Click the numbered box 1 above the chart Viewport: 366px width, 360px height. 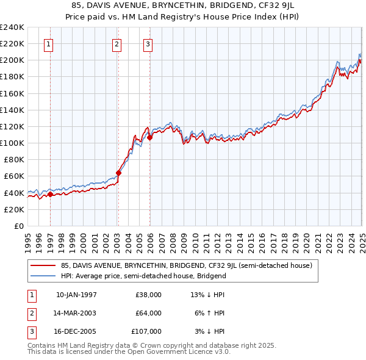pyautogui.click(x=48, y=43)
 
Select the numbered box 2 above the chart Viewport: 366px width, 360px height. pyautogui.click(x=117, y=43)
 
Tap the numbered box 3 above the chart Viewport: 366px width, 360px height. pyautogui.click(x=148, y=43)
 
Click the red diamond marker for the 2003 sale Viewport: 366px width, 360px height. pyautogui.click(x=118, y=173)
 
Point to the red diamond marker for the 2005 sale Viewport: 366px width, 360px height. pyautogui.click(x=149, y=137)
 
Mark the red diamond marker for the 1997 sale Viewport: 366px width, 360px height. pyautogui.click(x=51, y=194)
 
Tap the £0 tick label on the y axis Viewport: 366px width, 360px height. pyautogui.click(x=19, y=226)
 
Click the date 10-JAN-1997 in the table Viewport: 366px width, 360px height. pyautogui.click(x=76, y=295)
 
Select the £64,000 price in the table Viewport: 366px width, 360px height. pyautogui.click(x=148, y=313)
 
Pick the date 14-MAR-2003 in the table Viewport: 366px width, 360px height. pyautogui.click(x=76, y=313)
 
